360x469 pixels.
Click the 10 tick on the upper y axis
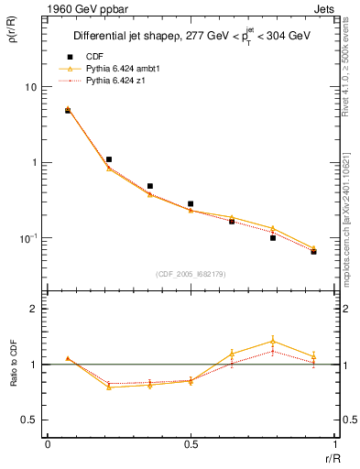[x=29, y=87]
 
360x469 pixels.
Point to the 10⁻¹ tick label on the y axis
[x=27, y=238]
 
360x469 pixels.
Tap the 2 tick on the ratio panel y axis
[x=34, y=309]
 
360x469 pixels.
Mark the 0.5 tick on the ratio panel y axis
[x=29, y=420]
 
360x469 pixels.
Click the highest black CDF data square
[x=68, y=111]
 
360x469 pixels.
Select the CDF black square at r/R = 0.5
[x=191, y=203]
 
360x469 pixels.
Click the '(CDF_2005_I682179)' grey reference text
[x=191, y=273]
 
